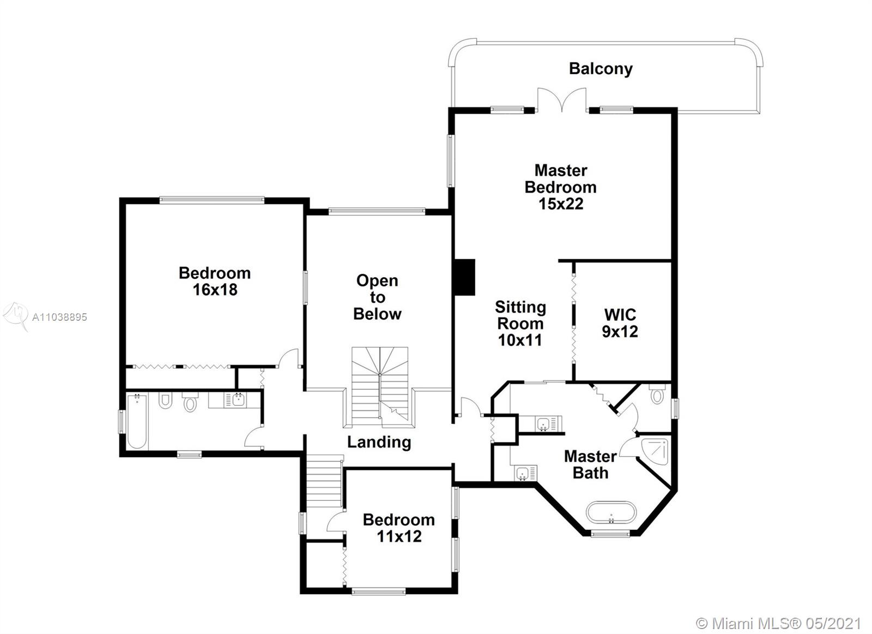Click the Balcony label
[x=601, y=69]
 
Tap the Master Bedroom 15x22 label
[x=561, y=187]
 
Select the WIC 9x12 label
[x=620, y=323]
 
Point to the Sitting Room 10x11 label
[x=520, y=324]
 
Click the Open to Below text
[x=377, y=297]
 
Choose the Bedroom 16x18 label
[x=215, y=282]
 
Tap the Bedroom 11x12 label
[x=399, y=528]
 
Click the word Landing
[x=379, y=442]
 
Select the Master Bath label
[x=591, y=464]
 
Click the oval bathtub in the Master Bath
[x=611, y=512]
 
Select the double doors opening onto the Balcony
[x=562, y=100]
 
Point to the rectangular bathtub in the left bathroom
[x=137, y=421]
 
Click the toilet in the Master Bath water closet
[x=657, y=394]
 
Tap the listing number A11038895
[x=59, y=317]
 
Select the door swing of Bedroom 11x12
[x=335, y=522]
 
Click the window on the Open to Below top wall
[x=377, y=212]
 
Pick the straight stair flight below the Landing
[x=324, y=482]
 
